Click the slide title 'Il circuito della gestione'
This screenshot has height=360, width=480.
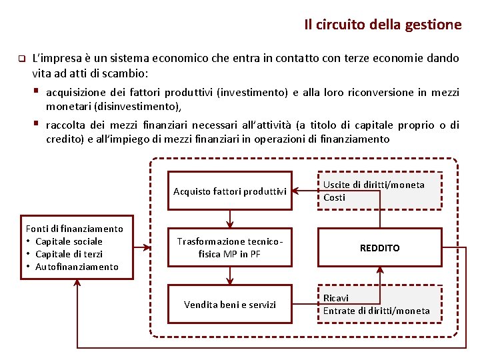tap(382, 25)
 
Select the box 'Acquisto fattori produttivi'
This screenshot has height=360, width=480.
tap(229, 191)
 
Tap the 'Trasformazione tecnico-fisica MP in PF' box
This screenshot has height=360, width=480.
tap(229, 247)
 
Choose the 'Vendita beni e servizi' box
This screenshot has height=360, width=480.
tap(229, 305)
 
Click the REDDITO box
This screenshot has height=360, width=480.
tap(379, 248)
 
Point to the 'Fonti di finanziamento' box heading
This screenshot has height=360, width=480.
tap(74, 229)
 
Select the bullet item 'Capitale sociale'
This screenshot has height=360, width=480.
tap(69, 241)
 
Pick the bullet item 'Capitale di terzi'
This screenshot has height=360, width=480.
tap(69, 254)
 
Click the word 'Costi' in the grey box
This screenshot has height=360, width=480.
tap(334, 197)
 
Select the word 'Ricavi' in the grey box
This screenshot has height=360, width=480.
tap(336, 298)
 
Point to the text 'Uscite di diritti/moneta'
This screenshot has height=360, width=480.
tap(373, 185)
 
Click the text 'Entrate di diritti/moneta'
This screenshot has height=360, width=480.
tap(376, 311)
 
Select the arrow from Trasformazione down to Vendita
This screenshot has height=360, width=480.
tap(229, 275)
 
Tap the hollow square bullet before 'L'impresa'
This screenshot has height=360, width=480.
tap(21, 58)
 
